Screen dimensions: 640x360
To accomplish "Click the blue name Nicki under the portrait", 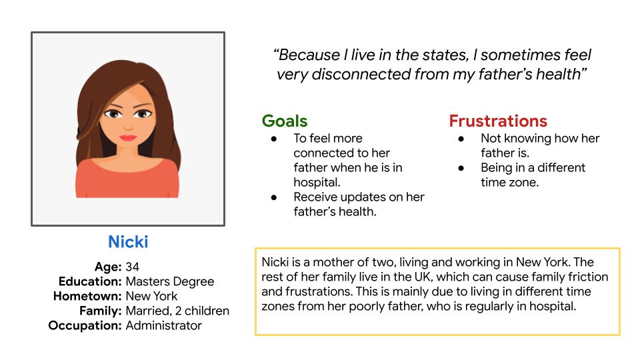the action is [x=128, y=241].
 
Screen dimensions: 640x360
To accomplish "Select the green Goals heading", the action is [x=285, y=121].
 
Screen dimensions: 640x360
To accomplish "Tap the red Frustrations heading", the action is [x=498, y=121].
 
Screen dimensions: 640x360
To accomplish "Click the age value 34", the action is [x=132, y=267].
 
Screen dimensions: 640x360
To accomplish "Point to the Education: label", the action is [x=90, y=281].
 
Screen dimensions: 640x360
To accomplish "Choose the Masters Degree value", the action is [x=170, y=282].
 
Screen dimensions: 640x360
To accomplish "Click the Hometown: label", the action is [x=87, y=296].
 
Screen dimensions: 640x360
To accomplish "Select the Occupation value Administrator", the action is [x=164, y=326].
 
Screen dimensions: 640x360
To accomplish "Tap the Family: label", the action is [x=101, y=311].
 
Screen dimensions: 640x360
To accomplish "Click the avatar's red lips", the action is [x=128, y=137].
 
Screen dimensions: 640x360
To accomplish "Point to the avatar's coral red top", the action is [x=127, y=179].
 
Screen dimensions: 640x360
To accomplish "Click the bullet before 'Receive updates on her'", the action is [x=274, y=197].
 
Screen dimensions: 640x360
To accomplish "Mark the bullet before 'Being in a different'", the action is [x=461, y=168].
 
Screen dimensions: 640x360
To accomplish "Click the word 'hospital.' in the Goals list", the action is [x=317, y=183].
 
